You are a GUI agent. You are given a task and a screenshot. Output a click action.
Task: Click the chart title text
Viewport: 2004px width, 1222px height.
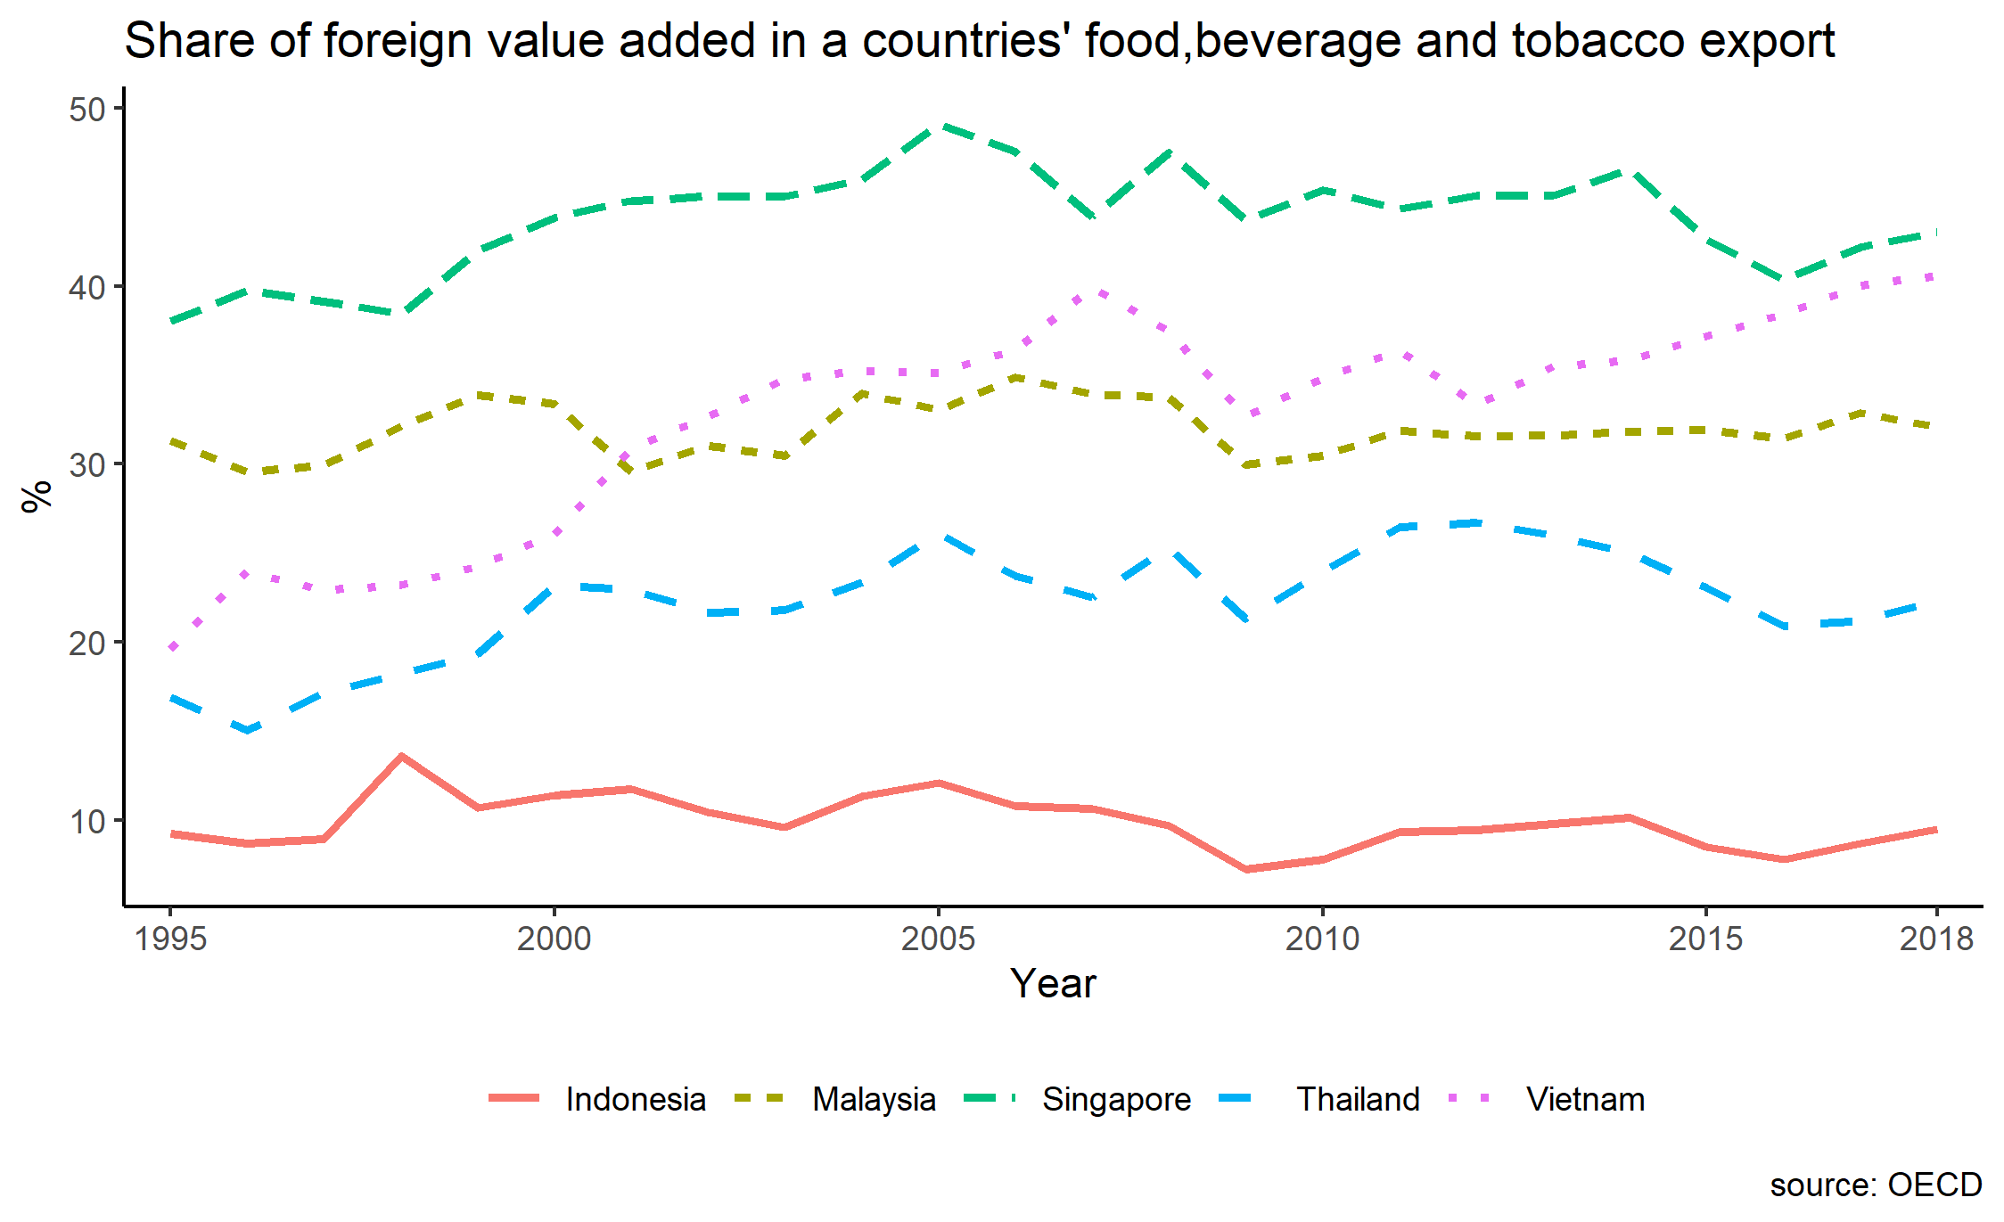point(979,41)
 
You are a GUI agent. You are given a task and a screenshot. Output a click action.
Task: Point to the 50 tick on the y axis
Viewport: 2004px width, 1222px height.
point(86,110)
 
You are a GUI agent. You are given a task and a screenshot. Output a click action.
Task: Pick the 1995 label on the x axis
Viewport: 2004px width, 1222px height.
point(170,939)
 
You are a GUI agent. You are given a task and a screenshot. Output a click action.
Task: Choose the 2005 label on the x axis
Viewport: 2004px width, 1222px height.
point(938,939)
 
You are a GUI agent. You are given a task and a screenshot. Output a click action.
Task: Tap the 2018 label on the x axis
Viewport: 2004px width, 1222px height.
point(1936,939)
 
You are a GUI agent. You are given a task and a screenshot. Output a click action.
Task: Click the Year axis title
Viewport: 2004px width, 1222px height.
point(1053,984)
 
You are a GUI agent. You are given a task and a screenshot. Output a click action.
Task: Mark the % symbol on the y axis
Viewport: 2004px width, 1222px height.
point(37,496)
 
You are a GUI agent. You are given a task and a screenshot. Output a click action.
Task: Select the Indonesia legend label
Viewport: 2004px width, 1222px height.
point(636,1100)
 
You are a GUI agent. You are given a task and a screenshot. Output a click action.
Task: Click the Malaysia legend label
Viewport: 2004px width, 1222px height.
point(874,1100)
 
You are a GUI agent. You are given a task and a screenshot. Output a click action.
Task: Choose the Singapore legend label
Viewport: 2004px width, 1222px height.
point(1116,1100)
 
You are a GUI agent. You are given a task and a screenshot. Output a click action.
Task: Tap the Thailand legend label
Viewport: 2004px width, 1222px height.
point(1358,1100)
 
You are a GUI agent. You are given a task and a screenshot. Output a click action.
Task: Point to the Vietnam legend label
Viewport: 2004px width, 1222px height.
point(1585,1100)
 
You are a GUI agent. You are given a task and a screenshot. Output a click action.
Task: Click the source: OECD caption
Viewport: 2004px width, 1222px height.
point(1876,1185)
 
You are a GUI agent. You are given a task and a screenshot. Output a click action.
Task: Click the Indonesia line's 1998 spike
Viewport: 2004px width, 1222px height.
point(401,756)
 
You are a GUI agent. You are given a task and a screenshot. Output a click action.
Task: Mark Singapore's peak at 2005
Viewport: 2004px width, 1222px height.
point(938,126)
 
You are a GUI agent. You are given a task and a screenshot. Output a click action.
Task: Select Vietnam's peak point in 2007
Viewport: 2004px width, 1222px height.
point(1093,290)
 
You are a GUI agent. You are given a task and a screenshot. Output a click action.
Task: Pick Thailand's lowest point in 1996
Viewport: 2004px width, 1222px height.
point(247,731)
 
